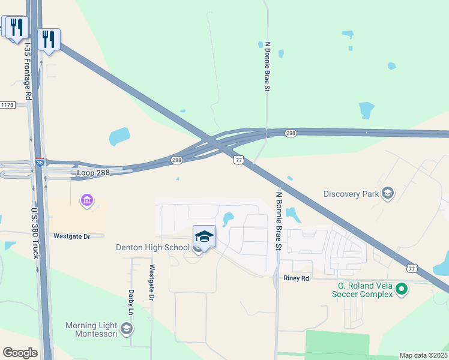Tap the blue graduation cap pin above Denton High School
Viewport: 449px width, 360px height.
pyautogui.click(x=204, y=236)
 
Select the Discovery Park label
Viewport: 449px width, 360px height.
pyautogui.click(x=351, y=194)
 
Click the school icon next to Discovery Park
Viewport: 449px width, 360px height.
pyautogui.click(x=388, y=193)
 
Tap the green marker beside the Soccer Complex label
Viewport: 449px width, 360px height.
pyautogui.click(x=402, y=290)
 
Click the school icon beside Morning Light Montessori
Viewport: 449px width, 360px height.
pyautogui.click(x=127, y=328)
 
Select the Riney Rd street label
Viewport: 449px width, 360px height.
pyautogui.click(x=297, y=278)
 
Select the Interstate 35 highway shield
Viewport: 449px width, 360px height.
pyautogui.click(x=40, y=162)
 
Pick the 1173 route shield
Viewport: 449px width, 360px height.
pyautogui.click(x=7, y=105)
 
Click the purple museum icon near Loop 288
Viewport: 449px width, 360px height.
pyautogui.click(x=87, y=200)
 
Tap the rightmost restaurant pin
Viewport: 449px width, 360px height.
pyautogui.click(x=48, y=40)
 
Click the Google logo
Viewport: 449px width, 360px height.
pyautogui.click(x=20, y=353)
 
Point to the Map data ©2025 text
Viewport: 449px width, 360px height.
pyautogui.click(x=423, y=355)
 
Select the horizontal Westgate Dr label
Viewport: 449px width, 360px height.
pyautogui.click(x=71, y=236)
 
